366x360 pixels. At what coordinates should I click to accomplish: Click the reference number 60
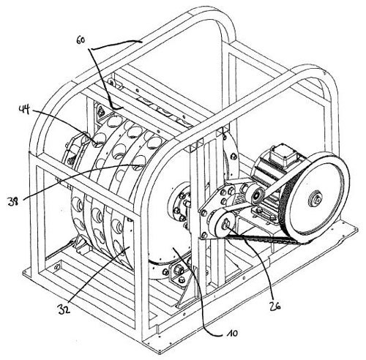point(81,40)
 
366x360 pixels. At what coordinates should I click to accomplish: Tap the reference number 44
point(24,110)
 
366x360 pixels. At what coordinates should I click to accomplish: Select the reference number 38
point(12,202)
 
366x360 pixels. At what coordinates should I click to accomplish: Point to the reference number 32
point(64,309)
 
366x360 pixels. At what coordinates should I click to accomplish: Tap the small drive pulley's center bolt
point(225,224)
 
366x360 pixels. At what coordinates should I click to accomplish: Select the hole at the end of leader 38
point(140,162)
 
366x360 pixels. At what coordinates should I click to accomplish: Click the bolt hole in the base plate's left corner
point(57,266)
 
